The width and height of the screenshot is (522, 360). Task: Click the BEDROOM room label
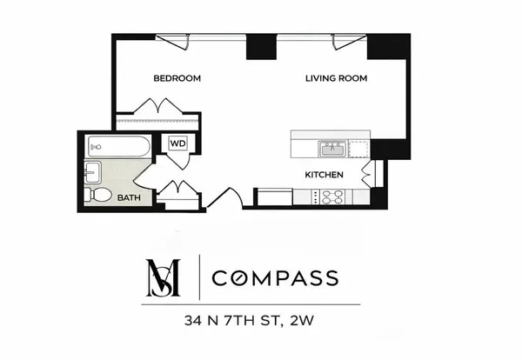(x=177, y=78)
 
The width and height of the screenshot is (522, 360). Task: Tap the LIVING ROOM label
(x=336, y=78)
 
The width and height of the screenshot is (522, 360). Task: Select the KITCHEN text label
(x=324, y=175)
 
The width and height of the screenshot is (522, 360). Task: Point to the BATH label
(x=130, y=198)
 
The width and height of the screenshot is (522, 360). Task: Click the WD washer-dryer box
(x=177, y=143)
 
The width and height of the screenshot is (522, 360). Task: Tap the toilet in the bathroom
(x=99, y=195)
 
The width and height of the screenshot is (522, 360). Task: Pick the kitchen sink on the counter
(x=331, y=150)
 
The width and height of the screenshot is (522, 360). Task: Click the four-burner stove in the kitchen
(x=331, y=198)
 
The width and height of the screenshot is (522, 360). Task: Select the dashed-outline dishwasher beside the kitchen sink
(x=357, y=150)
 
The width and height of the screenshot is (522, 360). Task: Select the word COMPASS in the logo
(x=276, y=278)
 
